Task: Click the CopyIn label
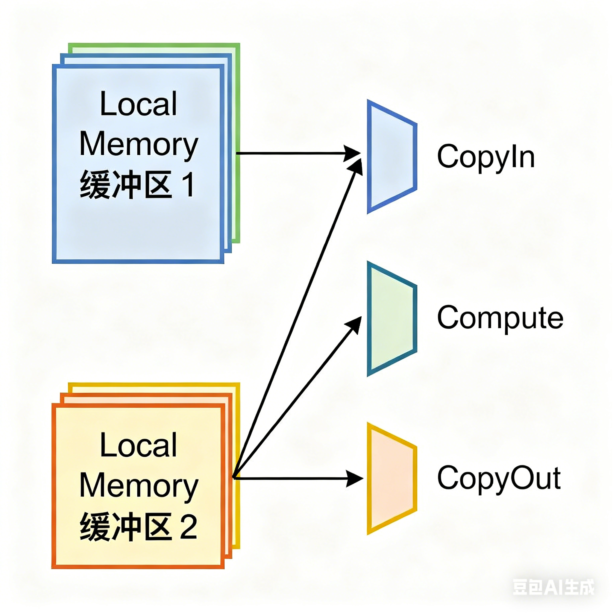[x=485, y=157]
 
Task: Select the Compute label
[x=500, y=318]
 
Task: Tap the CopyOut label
[x=498, y=479]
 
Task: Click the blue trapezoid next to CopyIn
[x=391, y=157]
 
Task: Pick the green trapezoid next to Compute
[x=391, y=318]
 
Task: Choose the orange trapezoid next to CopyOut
[x=391, y=479]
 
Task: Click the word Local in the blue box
[x=138, y=104]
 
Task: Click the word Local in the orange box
[x=138, y=445]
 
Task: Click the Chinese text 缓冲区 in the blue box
[x=126, y=185]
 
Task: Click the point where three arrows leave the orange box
[x=234, y=477]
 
